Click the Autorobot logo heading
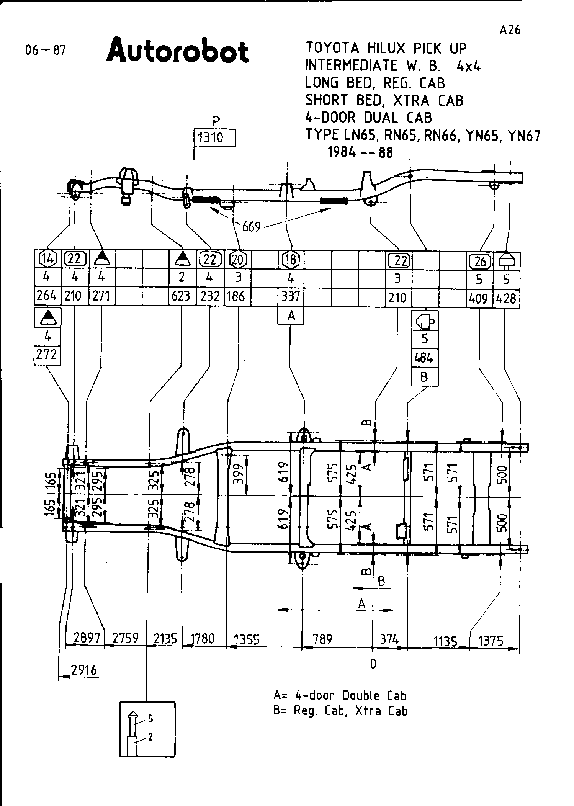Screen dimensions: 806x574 (178, 51)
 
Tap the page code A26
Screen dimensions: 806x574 (510, 30)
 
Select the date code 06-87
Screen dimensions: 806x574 (45, 50)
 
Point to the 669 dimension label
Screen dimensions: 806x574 (251, 227)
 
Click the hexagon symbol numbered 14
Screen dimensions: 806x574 (47, 259)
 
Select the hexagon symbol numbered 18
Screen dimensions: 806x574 (291, 260)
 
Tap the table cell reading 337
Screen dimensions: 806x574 (290, 296)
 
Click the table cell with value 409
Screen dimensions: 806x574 (479, 298)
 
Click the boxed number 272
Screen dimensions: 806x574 (47, 355)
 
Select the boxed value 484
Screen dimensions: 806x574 (424, 358)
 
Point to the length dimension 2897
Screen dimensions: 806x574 (87, 638)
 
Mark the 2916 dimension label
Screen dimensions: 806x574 (84, 670)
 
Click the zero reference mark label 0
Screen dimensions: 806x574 (373, 664)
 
